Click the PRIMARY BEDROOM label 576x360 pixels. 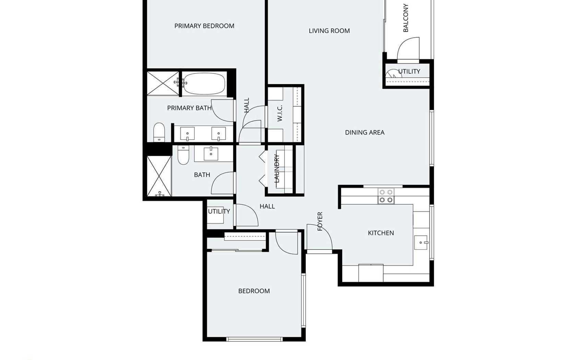click(204, 26)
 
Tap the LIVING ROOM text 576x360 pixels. click(329, 31)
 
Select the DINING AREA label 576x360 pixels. click(365, 132)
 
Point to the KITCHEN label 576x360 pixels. click(381, 233)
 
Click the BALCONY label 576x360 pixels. click(406, 18)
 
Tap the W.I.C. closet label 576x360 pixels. click(280, 113)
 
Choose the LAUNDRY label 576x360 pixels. click(277, 168)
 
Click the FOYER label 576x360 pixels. click(320, 221)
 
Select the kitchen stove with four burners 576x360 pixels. click(386, 196)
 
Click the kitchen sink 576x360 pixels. click(421, 242)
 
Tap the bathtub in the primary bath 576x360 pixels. click(205, 84)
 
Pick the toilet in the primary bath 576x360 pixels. click(159, 132)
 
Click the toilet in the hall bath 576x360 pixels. click(183, 155)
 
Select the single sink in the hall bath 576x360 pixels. click(211, 154)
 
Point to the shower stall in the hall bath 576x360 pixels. click(159, 176)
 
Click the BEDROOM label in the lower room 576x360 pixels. click(254, 291)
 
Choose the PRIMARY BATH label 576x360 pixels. click(189, 108)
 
